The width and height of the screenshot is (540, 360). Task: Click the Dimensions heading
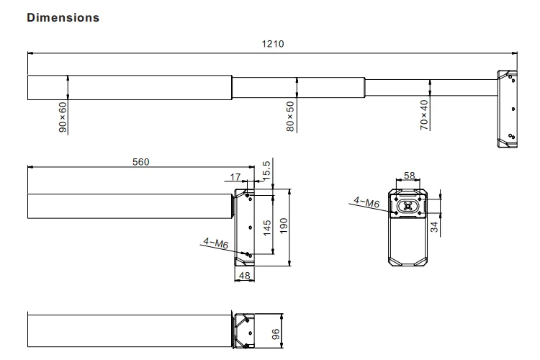63,17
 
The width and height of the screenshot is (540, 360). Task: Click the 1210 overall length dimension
272,44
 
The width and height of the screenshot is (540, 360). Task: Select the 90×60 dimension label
63,117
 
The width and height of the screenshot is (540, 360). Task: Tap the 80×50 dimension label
290,116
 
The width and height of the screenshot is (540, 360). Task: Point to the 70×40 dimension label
424,114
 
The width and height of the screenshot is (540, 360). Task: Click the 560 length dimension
140,162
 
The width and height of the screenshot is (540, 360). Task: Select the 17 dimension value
235,177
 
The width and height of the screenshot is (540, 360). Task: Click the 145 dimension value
266,228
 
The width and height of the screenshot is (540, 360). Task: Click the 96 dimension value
274,334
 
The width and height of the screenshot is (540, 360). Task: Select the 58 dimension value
409,176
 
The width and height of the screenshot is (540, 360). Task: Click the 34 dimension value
434,228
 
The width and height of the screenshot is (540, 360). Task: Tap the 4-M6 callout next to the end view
366,203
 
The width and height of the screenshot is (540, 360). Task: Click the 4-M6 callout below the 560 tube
215,244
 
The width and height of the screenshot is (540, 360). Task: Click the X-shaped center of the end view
409,206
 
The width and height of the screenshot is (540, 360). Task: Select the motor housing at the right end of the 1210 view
507,108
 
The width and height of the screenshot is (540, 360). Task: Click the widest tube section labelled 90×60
130,87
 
